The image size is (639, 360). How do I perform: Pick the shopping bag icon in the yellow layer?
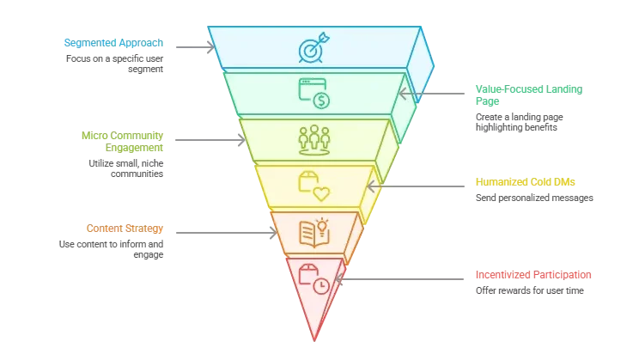pos(307,180)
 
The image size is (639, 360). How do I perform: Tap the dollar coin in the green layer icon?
pos(321,101)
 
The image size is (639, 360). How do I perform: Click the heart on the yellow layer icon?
pos(320,192)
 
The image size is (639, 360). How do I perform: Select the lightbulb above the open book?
pos(322,225)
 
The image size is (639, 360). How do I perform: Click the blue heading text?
pos(112,41)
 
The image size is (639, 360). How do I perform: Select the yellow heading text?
pos(525,182)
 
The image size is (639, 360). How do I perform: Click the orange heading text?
pos(124,229)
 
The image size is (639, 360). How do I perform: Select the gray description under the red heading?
pos(529,290)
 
